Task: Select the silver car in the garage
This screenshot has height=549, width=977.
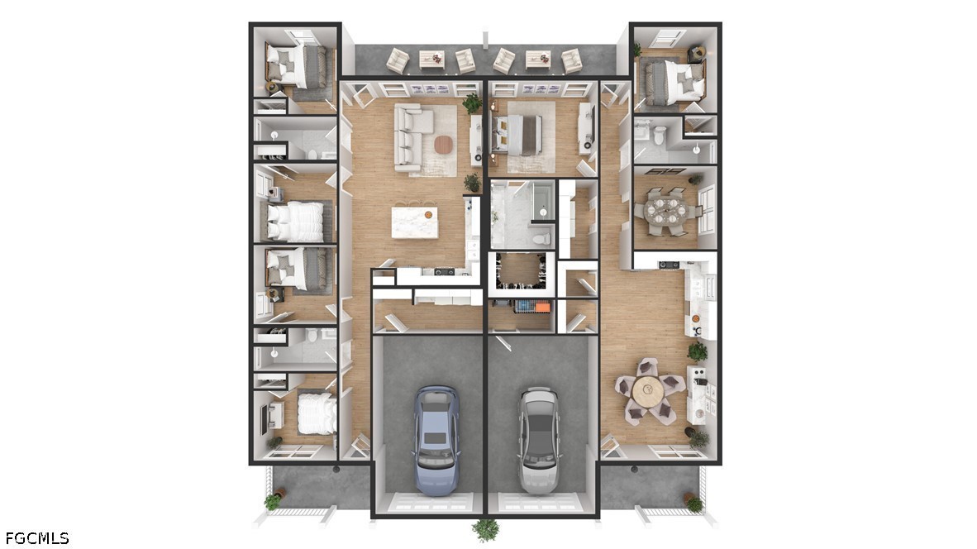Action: tap(539, 440)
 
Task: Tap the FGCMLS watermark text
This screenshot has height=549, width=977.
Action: tap(36, 537)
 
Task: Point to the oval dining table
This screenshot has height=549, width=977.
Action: tap(665, 210)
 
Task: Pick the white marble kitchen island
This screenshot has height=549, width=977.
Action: tap(414, 222)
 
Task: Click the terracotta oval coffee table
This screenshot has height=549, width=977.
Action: tap(443, 145)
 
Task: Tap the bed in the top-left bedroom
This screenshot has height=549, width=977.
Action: tap(297, 66)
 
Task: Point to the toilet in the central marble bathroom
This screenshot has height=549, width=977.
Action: tap(541, 239)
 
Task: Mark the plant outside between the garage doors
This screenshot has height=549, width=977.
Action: tap(485, 530)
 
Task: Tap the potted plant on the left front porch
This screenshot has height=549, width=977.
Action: tap(273, 500)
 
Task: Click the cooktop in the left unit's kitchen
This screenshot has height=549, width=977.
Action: tap(444, 272)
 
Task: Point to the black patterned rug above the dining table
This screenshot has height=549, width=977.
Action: tap(665, 171)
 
